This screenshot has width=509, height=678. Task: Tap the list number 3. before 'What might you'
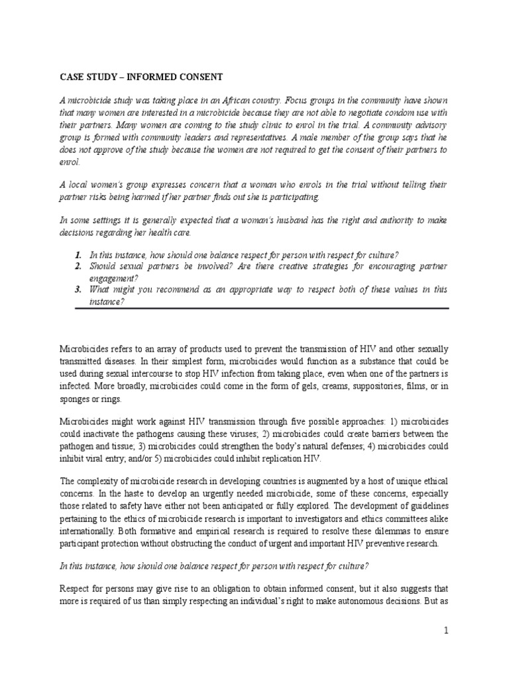78,290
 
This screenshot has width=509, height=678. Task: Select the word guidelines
427,519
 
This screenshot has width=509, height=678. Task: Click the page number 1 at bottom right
447,631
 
